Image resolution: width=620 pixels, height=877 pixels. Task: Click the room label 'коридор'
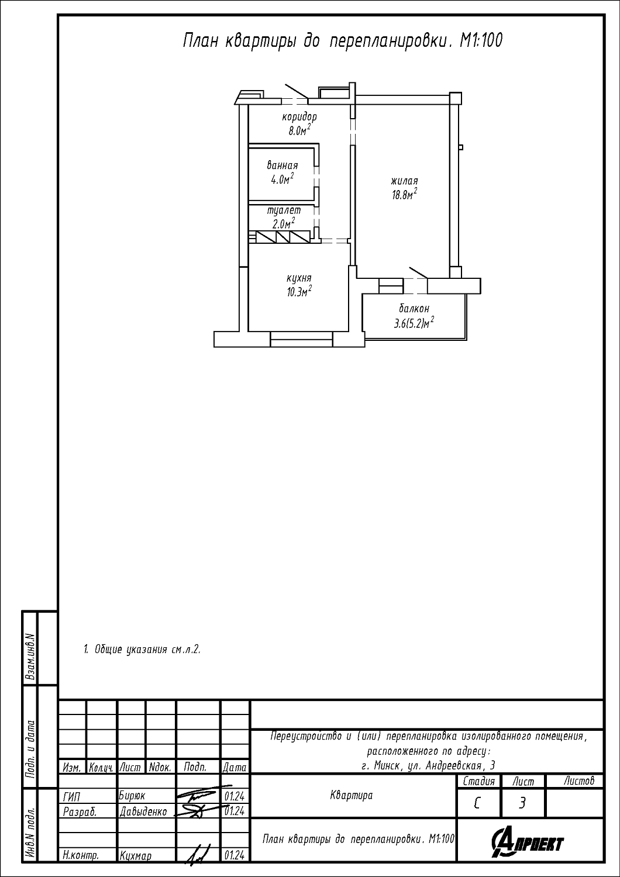[x=299, y=117]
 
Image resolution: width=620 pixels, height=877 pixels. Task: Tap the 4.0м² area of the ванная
[x=283, y=179]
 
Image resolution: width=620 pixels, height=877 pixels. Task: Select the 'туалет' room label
[x=284, y=210]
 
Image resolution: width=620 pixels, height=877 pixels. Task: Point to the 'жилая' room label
[x=404, y=181]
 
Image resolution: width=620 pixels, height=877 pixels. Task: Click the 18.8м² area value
[x=405, y=194]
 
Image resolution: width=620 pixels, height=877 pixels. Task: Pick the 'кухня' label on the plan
[x=299, y=278]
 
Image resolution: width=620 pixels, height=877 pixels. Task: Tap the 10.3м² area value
[x=299, y=291]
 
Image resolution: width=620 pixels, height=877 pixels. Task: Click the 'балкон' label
[x=414, y=309]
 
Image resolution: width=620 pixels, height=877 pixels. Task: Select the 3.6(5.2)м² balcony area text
[x=414, y=323]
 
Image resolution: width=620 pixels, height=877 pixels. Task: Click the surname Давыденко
[x=143, y=812]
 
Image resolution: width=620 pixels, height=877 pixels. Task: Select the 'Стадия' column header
[x=478, y=782]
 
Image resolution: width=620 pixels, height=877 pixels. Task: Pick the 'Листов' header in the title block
[x=579, y=781]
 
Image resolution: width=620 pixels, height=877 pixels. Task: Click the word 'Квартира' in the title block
[x=352, y=795]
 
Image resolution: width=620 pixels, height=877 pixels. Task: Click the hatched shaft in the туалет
[x=283, y=237]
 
